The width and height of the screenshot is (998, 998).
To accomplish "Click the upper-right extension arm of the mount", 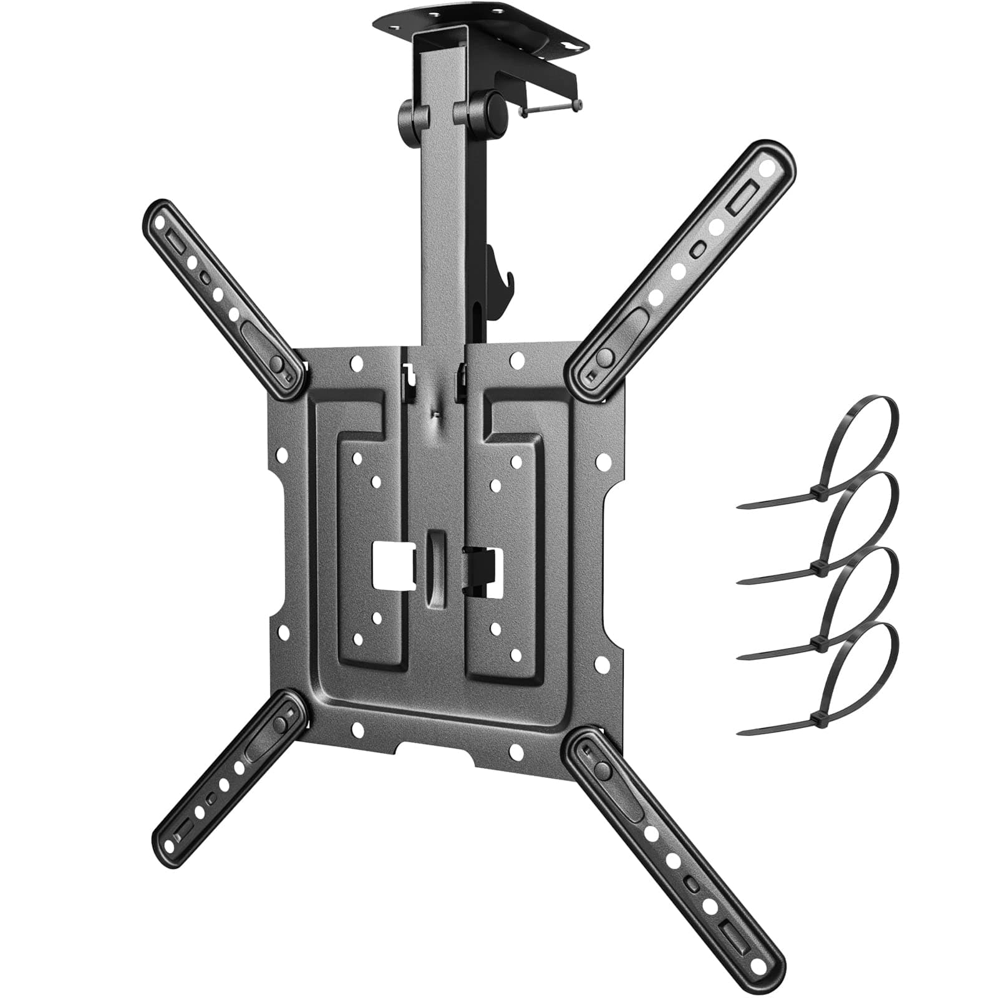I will (686, 268).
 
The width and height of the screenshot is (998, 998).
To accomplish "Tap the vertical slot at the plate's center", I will (435, 568).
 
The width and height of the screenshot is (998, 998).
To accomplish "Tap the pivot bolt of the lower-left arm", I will (280, 724).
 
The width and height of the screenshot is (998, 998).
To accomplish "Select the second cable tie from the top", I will (861, 530).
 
